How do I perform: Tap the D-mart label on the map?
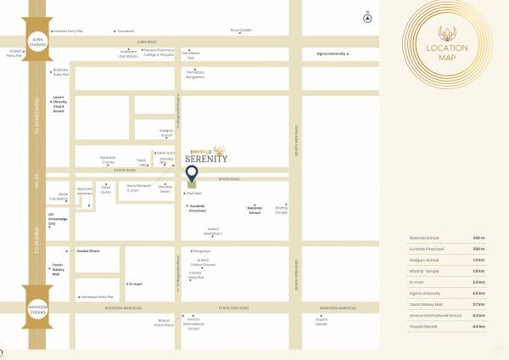[136, 284]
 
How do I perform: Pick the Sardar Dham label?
[88, 251]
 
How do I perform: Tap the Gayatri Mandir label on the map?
[322, 322]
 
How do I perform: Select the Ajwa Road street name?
[147, 41]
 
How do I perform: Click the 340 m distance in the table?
[479, 237]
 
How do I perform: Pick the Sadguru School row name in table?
[424, 259]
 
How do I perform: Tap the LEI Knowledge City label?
[58, 217]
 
